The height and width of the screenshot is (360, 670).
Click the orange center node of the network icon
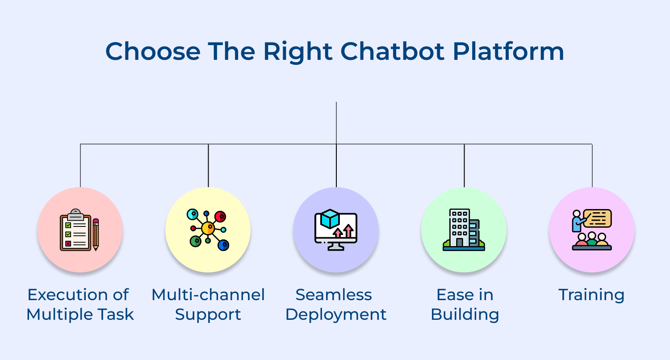(x=208, y=229)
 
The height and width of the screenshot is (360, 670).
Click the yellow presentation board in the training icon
(x=597, y=218)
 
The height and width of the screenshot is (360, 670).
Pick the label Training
(x=591, y=295)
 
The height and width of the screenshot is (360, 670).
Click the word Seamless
(x=334, y=295)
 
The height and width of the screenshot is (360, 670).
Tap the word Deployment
(x=336, y=315)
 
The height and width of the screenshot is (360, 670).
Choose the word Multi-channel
(x=208, y=295)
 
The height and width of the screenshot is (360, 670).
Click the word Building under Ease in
(x=465, y=315)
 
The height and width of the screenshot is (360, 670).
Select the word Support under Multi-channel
(x=208, y=315)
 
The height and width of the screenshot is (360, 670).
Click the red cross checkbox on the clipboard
(x=68, y=243)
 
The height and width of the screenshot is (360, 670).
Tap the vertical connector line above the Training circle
(x=592, y=165)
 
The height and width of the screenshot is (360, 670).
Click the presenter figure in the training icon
(x=577, y=221)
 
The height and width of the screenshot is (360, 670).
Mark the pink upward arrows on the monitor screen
(x=343, y=231)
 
